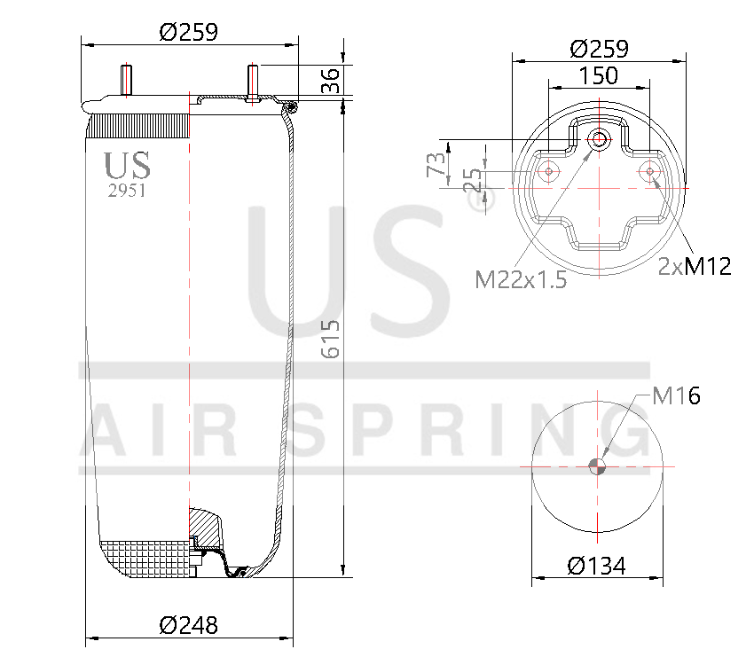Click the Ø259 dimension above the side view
pos(188,32)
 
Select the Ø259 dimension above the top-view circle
pos(599,48)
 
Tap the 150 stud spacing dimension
pos(599,76)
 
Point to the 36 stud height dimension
pos(330,81)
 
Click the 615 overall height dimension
pos(330,339)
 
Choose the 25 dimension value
pos(474,180)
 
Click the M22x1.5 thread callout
pos(521,280)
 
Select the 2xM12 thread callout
pos(695,266)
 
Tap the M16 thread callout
pos(676,396)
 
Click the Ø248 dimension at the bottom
pos(188,625)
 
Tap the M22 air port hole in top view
pos(600,139)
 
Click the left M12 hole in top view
pos(549,171)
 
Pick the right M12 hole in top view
pos(650,171)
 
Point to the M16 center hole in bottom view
pos(600,466)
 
